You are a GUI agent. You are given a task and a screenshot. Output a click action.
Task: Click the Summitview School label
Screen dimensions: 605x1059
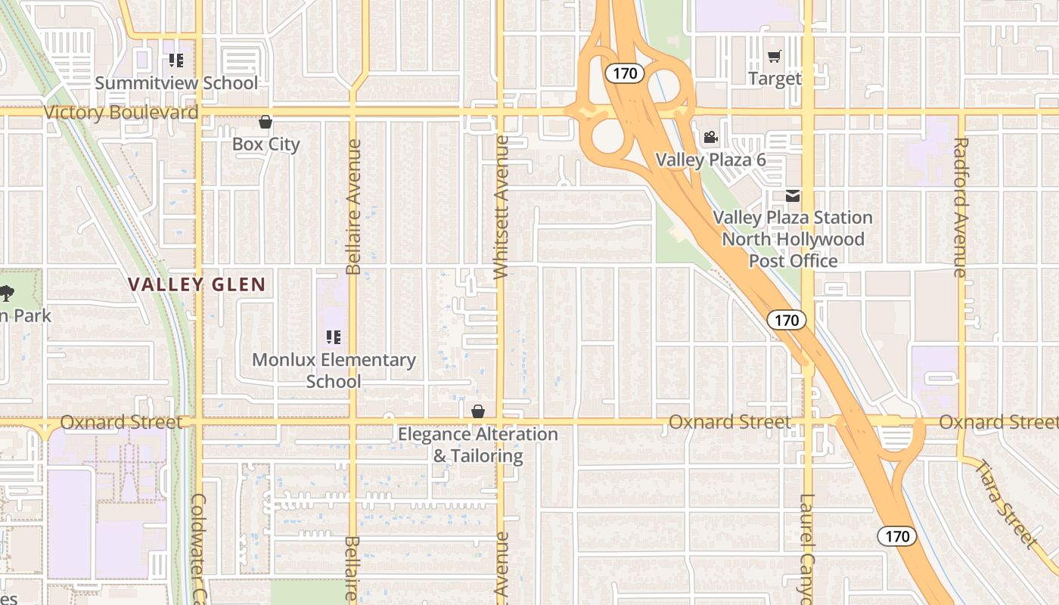tap(176, 82)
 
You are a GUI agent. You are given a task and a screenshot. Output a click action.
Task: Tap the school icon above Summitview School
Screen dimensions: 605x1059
tap(176, 60)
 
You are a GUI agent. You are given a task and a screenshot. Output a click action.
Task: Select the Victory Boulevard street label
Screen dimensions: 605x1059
tap(121, 113)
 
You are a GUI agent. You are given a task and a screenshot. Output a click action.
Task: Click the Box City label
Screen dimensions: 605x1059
tap(266, 144)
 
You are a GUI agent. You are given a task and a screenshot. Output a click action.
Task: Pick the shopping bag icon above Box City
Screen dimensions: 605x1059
tap(266, 122)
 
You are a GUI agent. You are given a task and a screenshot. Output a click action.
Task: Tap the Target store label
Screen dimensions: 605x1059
tap(775, 78)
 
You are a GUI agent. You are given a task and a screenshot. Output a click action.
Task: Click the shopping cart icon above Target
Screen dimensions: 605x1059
tap(775, 57)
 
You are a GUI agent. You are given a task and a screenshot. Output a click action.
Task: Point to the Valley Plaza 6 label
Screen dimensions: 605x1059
tap(710, 160)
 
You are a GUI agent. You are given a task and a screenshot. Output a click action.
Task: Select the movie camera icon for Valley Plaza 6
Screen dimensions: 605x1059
tap(710, 138)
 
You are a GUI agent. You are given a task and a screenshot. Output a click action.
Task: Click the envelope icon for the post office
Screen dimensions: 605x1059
tap(793, 196)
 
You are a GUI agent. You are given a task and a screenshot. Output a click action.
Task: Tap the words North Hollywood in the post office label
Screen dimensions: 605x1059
tap(793, 239)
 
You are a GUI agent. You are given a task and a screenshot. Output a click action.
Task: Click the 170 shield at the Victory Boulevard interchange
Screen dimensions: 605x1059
tap(625, 73)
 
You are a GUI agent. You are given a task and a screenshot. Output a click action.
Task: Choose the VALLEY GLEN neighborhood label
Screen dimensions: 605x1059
tap(197, 284)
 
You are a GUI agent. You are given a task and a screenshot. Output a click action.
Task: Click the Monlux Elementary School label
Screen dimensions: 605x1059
tap(334, 370)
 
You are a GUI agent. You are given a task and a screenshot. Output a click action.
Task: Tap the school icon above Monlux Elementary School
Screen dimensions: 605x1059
tap(334, 337)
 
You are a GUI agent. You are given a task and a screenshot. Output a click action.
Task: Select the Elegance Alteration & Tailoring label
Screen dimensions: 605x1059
tap(478, 445)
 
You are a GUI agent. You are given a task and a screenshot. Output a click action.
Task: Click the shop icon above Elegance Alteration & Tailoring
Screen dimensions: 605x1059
tap(478, 412)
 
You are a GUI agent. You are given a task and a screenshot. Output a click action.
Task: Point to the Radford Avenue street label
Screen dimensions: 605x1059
tap(961, 206)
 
